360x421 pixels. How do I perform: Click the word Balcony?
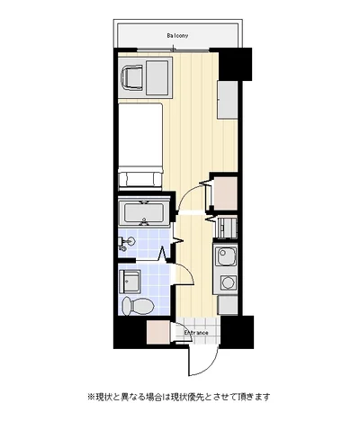click(x=177, y=36)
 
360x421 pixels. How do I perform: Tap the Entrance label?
click(x=196, y=333)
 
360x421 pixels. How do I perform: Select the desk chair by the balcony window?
click(x=131, y=77)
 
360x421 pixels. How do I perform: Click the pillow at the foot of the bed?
click(x=140, y=179)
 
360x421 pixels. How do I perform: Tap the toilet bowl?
click(x=139, y=306)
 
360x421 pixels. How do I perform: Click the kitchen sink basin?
click(x=227, y=256)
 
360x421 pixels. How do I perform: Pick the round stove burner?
click(x=227, y=282)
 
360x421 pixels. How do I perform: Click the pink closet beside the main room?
click(x=226, y=193)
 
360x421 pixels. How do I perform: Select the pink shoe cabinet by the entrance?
click(x=158, y=332)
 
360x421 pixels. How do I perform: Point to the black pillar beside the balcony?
click(x=236, y=64)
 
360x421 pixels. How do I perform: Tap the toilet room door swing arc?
click(x=189, y=272)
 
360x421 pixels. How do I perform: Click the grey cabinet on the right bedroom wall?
click(x=228, y=100)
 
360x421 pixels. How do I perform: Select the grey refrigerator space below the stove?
click(x=228, y=305)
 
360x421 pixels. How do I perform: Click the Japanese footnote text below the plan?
click(x=178, y=397)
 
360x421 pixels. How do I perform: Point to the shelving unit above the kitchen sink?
click(x=227, y=228)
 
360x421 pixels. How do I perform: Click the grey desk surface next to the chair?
click(x=157, y=77)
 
